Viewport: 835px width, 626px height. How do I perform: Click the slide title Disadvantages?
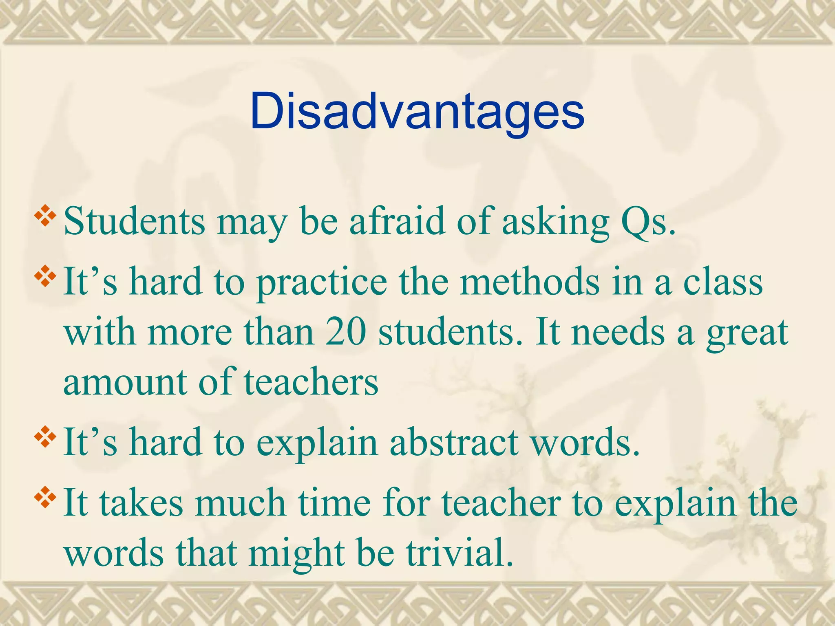[x=417, y=111]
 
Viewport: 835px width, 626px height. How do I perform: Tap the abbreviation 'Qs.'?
[x=648, y=222]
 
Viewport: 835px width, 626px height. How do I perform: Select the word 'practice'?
[x=322, y=283]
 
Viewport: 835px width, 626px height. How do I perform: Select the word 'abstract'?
[x=454, y=442]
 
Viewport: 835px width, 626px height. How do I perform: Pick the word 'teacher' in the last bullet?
[x=501, y=503]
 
